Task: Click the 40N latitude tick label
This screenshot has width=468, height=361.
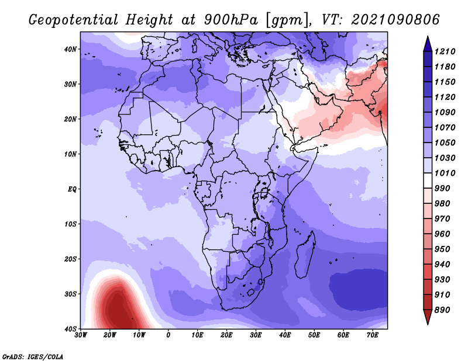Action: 70,49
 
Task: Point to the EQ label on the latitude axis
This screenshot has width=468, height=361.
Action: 72,189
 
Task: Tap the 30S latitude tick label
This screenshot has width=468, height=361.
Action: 70,294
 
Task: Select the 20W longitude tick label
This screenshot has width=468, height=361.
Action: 109,335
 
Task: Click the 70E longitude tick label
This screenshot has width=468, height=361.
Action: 373,335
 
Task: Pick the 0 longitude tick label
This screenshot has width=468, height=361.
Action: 168,335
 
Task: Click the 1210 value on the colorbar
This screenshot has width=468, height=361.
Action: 445,51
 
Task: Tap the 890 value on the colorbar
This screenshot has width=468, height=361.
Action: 442,310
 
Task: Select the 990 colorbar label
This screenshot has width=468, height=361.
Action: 442,189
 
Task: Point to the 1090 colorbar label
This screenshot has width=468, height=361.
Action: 445,112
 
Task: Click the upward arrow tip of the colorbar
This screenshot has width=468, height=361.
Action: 428,37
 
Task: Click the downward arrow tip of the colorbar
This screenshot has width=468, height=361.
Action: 428,324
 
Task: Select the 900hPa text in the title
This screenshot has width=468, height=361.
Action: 230,20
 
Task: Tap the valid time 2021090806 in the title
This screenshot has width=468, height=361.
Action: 395,20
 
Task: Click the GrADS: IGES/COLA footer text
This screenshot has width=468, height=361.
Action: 33,356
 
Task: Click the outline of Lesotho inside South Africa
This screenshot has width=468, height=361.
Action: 251,292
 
